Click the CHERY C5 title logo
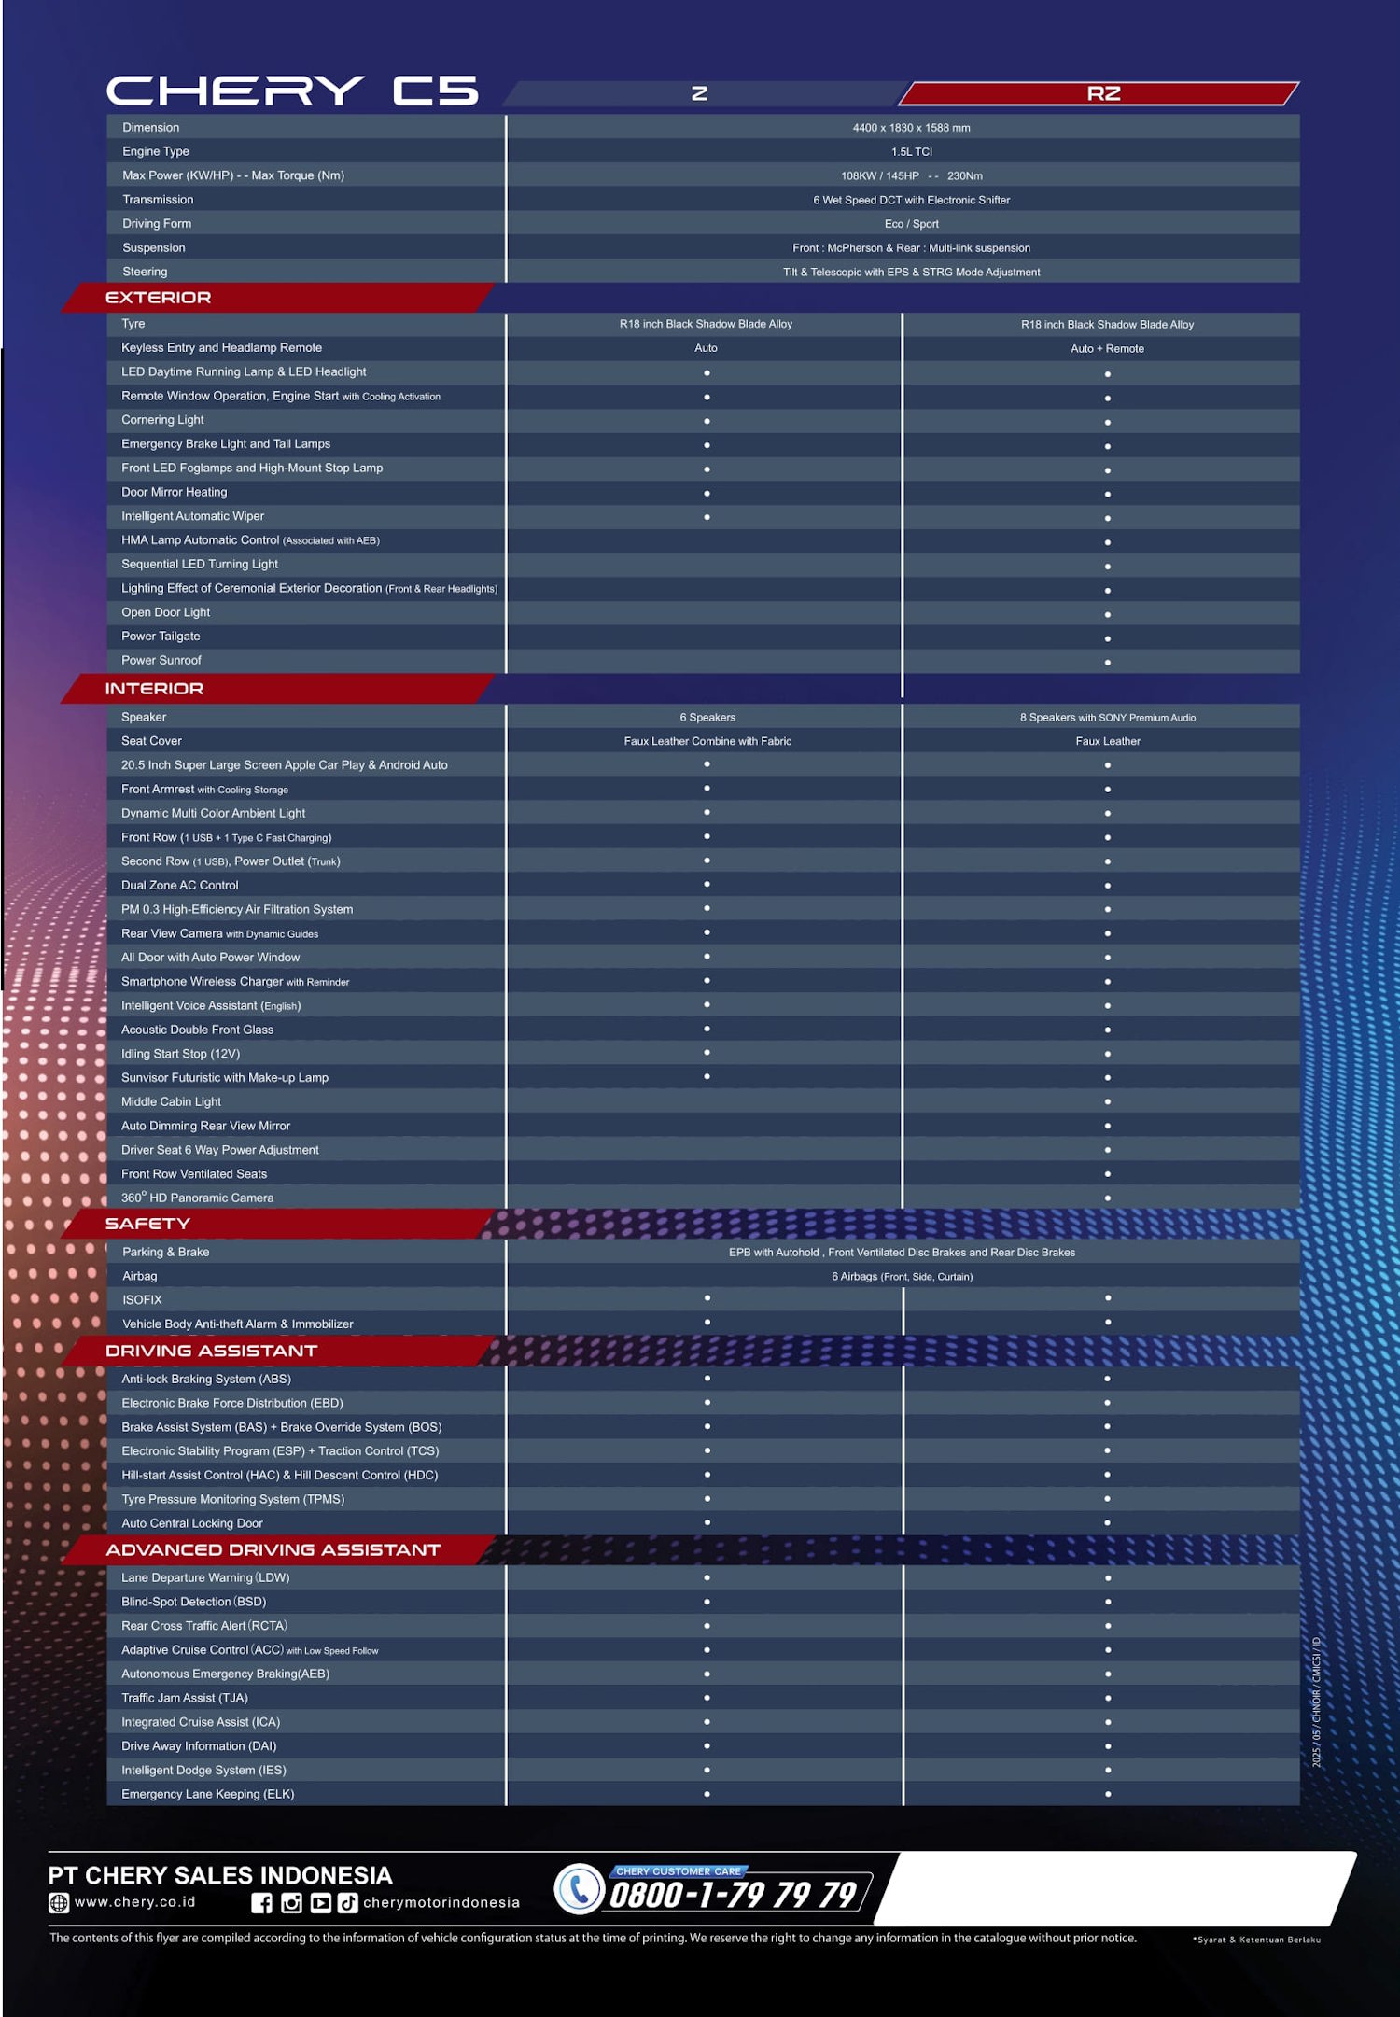292,91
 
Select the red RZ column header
1102,93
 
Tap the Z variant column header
699,93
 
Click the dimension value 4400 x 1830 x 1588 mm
911,128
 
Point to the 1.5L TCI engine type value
911,152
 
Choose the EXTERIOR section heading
158,298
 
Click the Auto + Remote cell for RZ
1107,349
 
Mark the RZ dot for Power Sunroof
1107,663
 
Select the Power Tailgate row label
161,637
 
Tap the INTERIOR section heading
154,689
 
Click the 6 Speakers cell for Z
707,718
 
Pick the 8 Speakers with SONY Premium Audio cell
1107,718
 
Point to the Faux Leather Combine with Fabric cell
707,742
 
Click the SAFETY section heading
147,1224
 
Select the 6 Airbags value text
902,1277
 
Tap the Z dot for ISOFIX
707,1298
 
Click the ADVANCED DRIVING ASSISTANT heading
273,1550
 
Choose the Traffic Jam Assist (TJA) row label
185,1699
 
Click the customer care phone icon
580,1889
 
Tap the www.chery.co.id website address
135,1902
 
